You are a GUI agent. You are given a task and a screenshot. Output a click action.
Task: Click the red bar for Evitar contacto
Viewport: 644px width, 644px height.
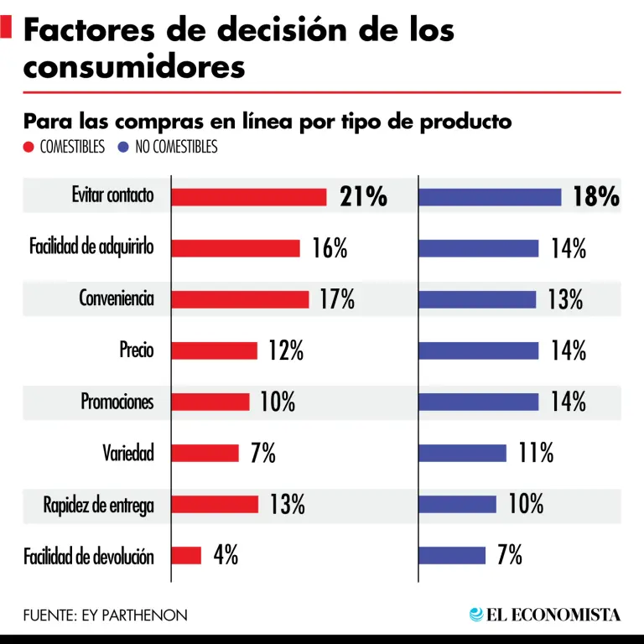tap(248, 197)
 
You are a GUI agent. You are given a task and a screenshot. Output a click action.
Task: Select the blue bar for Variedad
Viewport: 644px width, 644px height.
tap(462, 454)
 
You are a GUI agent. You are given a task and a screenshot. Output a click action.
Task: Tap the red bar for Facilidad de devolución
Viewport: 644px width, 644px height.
tap(186, 555)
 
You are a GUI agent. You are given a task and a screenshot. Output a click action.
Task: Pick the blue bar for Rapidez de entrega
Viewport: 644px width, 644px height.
tap(457, 504)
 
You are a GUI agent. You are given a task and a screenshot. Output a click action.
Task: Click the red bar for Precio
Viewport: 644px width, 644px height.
tap(214, 351)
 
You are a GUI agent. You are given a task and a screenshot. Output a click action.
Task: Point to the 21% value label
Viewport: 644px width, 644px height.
tap(363, 197)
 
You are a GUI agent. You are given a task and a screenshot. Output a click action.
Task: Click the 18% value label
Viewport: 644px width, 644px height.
tap(596, 197)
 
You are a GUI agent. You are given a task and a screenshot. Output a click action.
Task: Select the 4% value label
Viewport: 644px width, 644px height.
tap(225, 555)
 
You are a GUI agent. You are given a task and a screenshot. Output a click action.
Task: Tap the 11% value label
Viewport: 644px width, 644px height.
tap(536, 454)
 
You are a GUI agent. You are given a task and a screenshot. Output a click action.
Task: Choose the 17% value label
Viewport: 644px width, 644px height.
tap(337, 299)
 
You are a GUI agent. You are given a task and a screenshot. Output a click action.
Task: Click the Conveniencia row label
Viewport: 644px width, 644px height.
tap(117, 299)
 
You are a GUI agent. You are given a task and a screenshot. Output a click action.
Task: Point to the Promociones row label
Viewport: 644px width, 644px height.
tap(117, 402)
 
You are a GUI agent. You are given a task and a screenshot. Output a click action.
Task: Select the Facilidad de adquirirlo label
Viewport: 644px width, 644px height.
tap(91, 247)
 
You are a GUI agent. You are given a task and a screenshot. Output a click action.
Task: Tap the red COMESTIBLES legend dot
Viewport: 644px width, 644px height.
tap(29, 148)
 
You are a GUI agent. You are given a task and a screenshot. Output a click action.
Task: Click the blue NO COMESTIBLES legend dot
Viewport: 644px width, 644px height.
tap(122, 148)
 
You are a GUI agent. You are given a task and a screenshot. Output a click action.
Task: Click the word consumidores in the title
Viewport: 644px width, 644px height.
tap(134, 65)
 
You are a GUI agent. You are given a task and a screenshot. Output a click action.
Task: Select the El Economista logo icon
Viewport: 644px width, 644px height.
tap(476, 615)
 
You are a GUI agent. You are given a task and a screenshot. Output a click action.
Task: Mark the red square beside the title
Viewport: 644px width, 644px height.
tap(6, 28)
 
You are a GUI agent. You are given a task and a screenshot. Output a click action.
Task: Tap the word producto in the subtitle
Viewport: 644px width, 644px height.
tap(465, 122)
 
